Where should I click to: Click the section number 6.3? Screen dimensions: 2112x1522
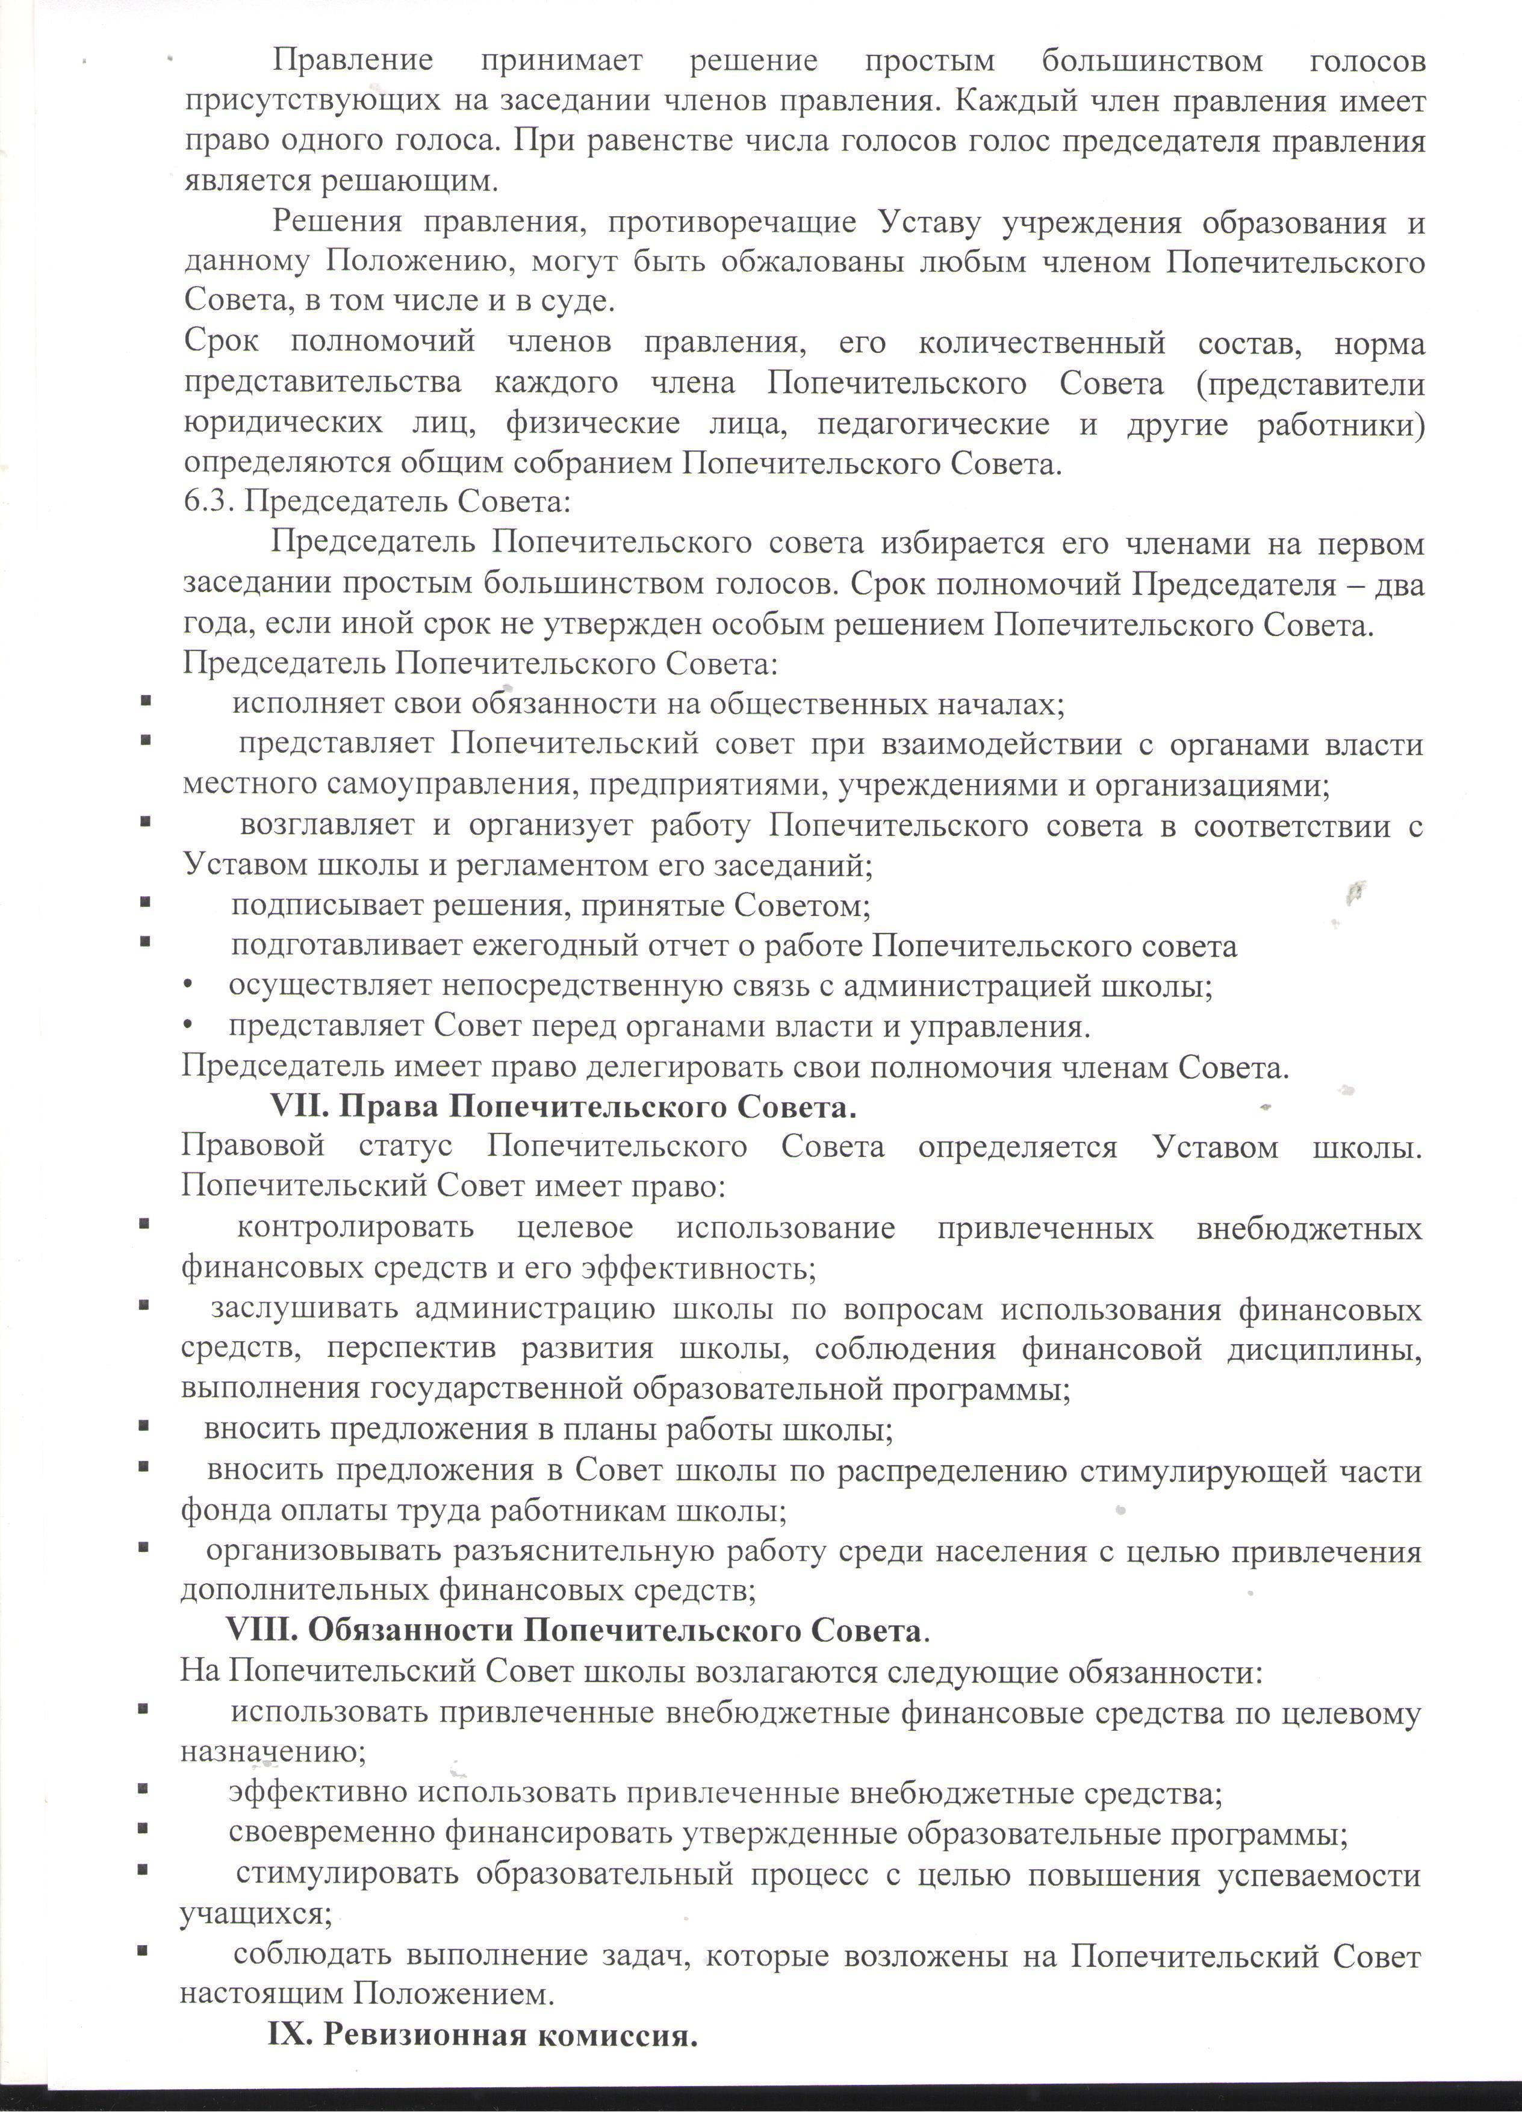pyautogui.click(x=210, y=503)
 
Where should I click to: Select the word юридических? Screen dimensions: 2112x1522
pyautogui.click(x=283, y=424)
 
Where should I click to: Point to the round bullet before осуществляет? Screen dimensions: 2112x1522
pyautogui.click(x=189, y=986)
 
